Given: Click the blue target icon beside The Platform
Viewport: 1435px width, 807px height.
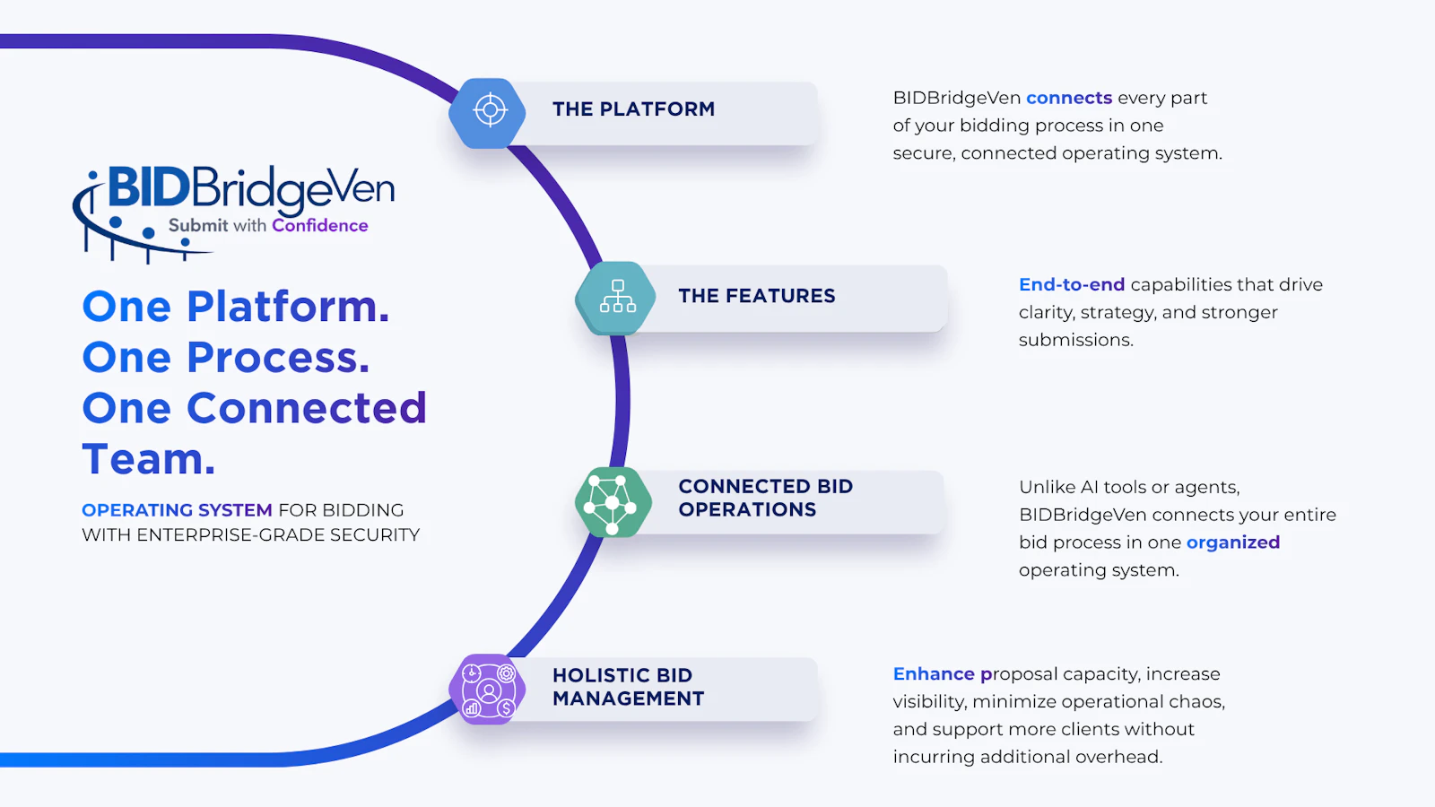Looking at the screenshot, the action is pos(488,113).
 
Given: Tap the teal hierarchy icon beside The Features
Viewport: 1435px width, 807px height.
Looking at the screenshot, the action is pos(615,298).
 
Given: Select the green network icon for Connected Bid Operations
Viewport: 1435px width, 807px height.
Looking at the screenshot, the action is pos(613,502).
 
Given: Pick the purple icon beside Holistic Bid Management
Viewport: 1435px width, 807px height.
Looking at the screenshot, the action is pos(488,690).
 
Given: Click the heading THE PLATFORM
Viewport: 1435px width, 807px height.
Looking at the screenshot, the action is pos(633,108).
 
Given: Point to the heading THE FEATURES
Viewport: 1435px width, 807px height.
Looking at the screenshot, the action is pos(757,296).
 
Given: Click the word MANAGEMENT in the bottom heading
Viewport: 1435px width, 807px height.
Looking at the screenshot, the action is pos(628,699).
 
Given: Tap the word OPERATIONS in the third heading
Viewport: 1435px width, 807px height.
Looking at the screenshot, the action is pos(747,510).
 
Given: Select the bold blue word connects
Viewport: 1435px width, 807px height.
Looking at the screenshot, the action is pos(1069,98).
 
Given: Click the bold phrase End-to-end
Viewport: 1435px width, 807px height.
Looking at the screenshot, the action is pos(1072,284).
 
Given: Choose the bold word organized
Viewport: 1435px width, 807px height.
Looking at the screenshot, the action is pos(1233,543).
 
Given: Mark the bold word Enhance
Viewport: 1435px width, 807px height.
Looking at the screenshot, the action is pos(934,673).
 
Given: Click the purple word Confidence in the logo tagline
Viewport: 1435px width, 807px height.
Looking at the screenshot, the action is pos(319,225).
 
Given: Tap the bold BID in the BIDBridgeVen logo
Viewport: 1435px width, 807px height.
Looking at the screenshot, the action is pos(149,187).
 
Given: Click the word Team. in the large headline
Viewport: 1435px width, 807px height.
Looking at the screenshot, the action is pos(149,458).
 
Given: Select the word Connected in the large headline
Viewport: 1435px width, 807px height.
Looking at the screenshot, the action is pos(307,408).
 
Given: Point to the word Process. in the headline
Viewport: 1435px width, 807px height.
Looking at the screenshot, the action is pos(278,357).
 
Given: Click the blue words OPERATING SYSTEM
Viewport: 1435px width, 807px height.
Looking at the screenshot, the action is pos(177,510).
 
